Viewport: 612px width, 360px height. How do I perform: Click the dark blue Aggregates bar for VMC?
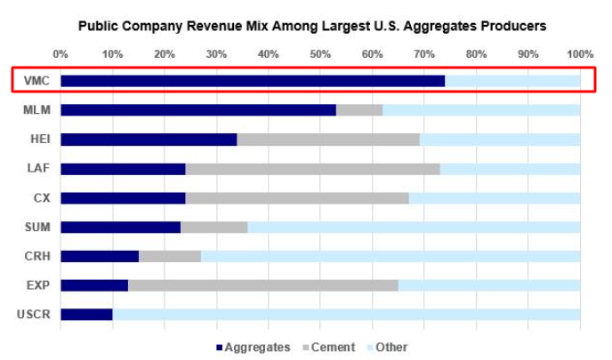tap(253, 81)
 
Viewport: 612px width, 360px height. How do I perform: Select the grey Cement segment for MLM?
tap(359, 110)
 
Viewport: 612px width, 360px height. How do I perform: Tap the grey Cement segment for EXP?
tap(263, 285)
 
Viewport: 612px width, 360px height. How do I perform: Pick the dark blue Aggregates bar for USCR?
tap(86, 315)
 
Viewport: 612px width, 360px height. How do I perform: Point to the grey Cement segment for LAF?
tap(312, 169)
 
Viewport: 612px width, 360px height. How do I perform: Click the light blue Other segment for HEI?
tap(499, 140)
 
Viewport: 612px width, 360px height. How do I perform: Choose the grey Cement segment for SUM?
tap(213, 227)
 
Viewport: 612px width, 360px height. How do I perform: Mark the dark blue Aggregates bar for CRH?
tap(100, 256)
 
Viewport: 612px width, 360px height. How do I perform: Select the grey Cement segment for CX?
tap(297, 197)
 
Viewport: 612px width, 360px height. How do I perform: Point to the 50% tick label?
tap(320, 53)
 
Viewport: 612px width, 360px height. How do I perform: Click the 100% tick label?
tap(580, 53)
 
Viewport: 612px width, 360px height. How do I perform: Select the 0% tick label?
tap(60, 53)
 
